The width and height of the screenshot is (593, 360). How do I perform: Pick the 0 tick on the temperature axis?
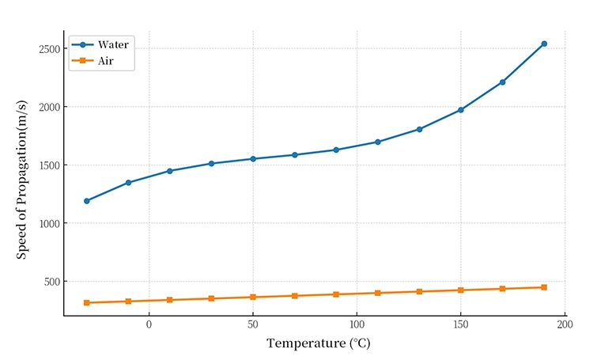(x=149, y=325)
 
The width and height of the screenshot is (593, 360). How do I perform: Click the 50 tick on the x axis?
(x=253, y=325)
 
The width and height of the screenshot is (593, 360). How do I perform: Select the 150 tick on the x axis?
(x=461, y=325)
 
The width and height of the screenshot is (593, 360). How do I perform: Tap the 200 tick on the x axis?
(x=565, y=325)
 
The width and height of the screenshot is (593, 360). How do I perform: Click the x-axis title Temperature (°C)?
(x=318, y=343)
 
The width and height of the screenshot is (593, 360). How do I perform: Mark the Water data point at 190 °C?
(x=544, y=44)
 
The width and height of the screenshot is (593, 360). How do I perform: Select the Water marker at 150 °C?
(x=461, y=110)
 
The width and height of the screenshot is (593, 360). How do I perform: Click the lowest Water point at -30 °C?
(x=87, y=201)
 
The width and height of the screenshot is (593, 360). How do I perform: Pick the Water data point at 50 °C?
(x=253, y=159)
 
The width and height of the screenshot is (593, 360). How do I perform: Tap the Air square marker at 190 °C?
(x=544, y=287)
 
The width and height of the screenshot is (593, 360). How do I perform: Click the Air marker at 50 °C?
(x=253, y=297)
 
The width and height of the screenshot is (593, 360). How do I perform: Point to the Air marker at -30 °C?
(x=87, y=303)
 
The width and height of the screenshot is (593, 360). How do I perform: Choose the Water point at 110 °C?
(x=378, y=142)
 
